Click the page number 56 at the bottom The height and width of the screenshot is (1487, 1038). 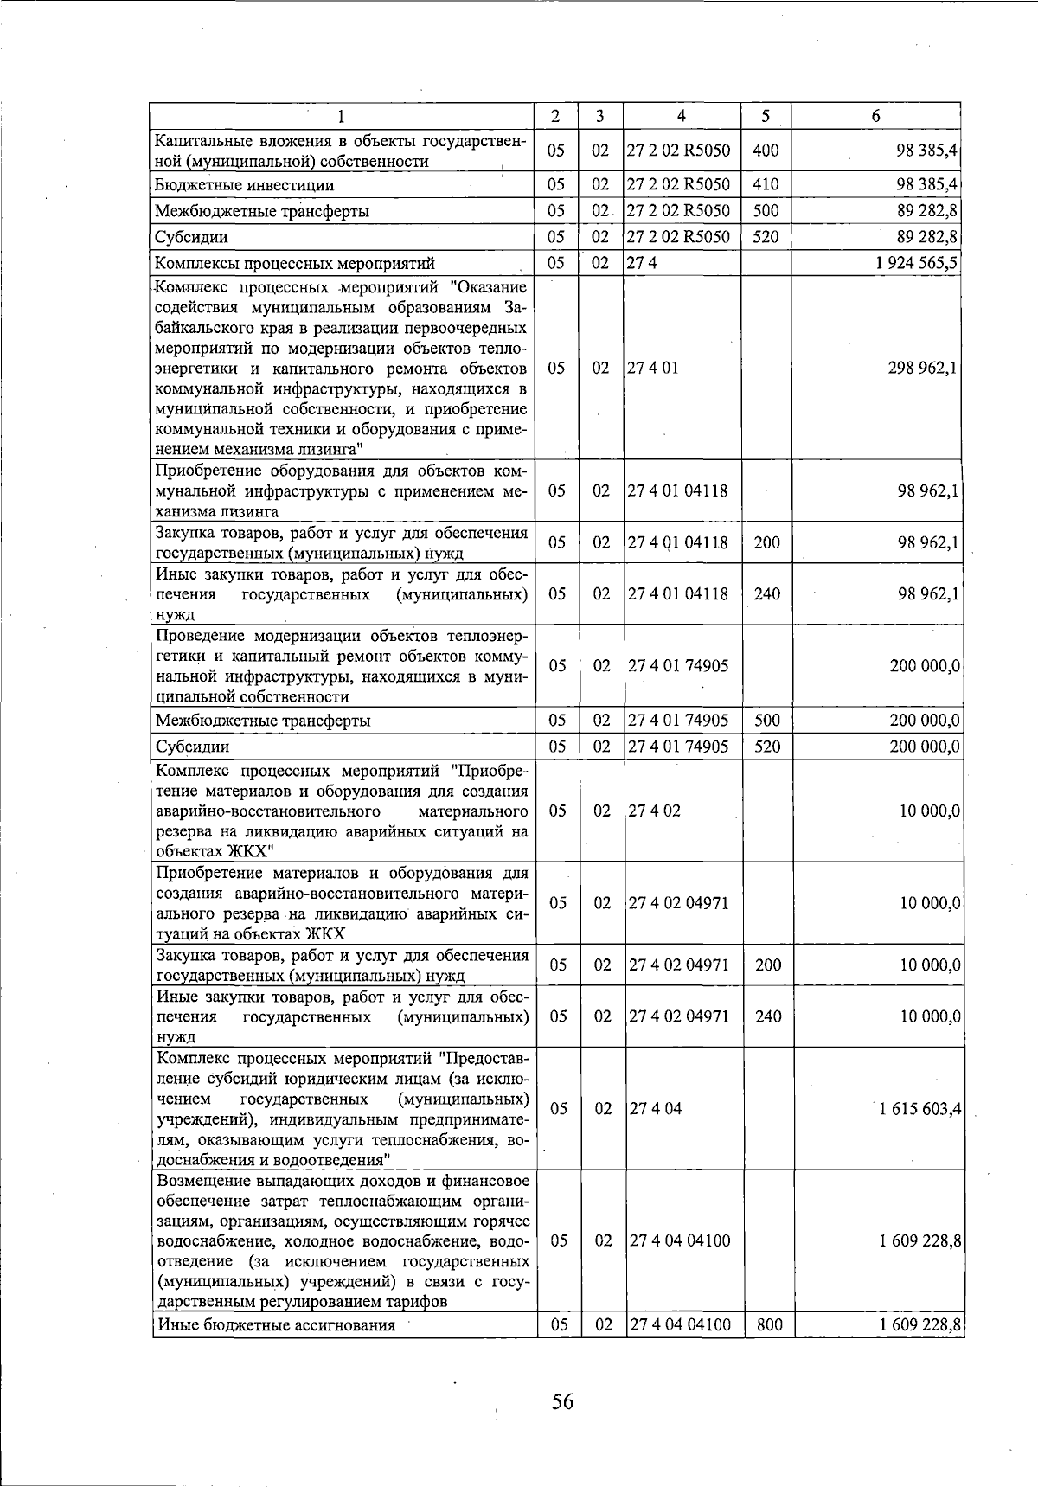tap(562, 1400)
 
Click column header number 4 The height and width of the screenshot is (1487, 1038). tap(682, 116)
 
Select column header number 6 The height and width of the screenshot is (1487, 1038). tap(875, 116)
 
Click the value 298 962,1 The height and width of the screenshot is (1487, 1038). tap(922, 368)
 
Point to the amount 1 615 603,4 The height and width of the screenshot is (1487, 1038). tap(919, 1109)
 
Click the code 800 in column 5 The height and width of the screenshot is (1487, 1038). tap(766, 1324)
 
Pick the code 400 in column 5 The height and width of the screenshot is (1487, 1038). tap(766, 151)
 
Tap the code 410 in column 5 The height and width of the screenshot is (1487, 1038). tap(766, 184)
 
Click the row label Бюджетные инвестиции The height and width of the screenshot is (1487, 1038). tap(244, 185)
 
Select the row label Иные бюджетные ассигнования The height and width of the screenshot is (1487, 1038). tap(275, 1324)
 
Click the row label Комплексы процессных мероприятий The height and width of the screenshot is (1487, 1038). tap(294, 264)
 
